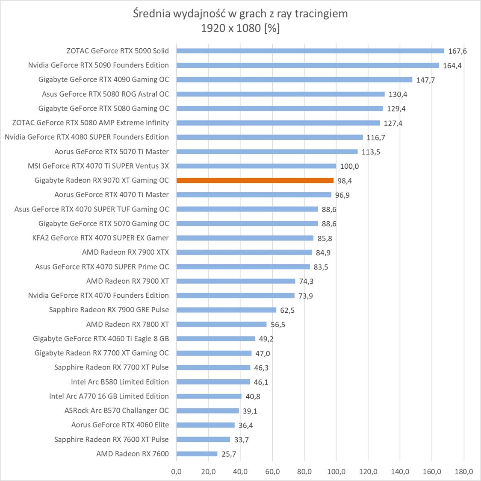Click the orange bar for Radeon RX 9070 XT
[x=255, y=180]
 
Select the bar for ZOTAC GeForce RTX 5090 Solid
[x=310, y=51]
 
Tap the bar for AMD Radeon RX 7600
[x=197, y=454]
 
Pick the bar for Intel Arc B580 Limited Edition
[x=213, y=382]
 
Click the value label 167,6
[x=457, y=51]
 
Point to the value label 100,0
[x=349, y=166]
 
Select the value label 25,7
[x=229, y=454]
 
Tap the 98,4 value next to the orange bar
[x=345, y=181]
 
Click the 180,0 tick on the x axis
[x=464, y=472]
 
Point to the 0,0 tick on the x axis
[x=176, y=472]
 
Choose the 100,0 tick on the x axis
[x=336, y=472]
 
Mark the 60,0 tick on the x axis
[x=272, y=472]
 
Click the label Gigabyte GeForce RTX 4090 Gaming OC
[x=103, y=79]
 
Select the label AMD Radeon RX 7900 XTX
[x=125, y=252]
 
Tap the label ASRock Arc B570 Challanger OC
[x=117, y=411]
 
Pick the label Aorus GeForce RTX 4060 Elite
[x=120, y=425]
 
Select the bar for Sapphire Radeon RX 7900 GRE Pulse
[x=226, y=310]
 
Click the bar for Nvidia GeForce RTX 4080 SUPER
[x=269, y=137]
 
